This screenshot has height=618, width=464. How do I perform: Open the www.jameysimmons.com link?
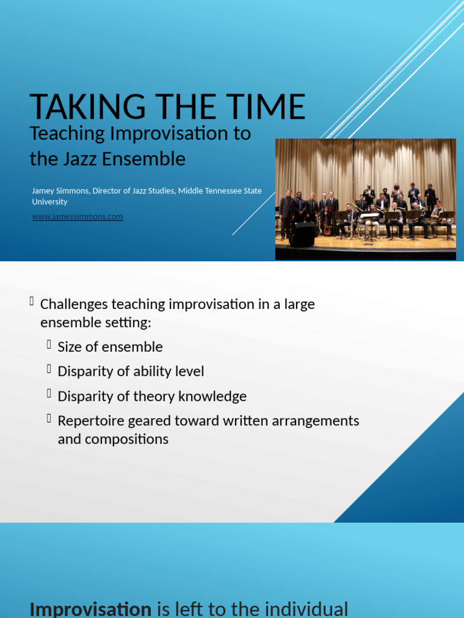click(77, 217)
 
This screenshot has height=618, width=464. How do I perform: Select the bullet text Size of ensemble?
click(110, 347)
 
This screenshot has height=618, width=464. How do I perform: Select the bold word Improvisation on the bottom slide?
click(90, 609)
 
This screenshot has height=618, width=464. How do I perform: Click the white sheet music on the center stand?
click(369, 215)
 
